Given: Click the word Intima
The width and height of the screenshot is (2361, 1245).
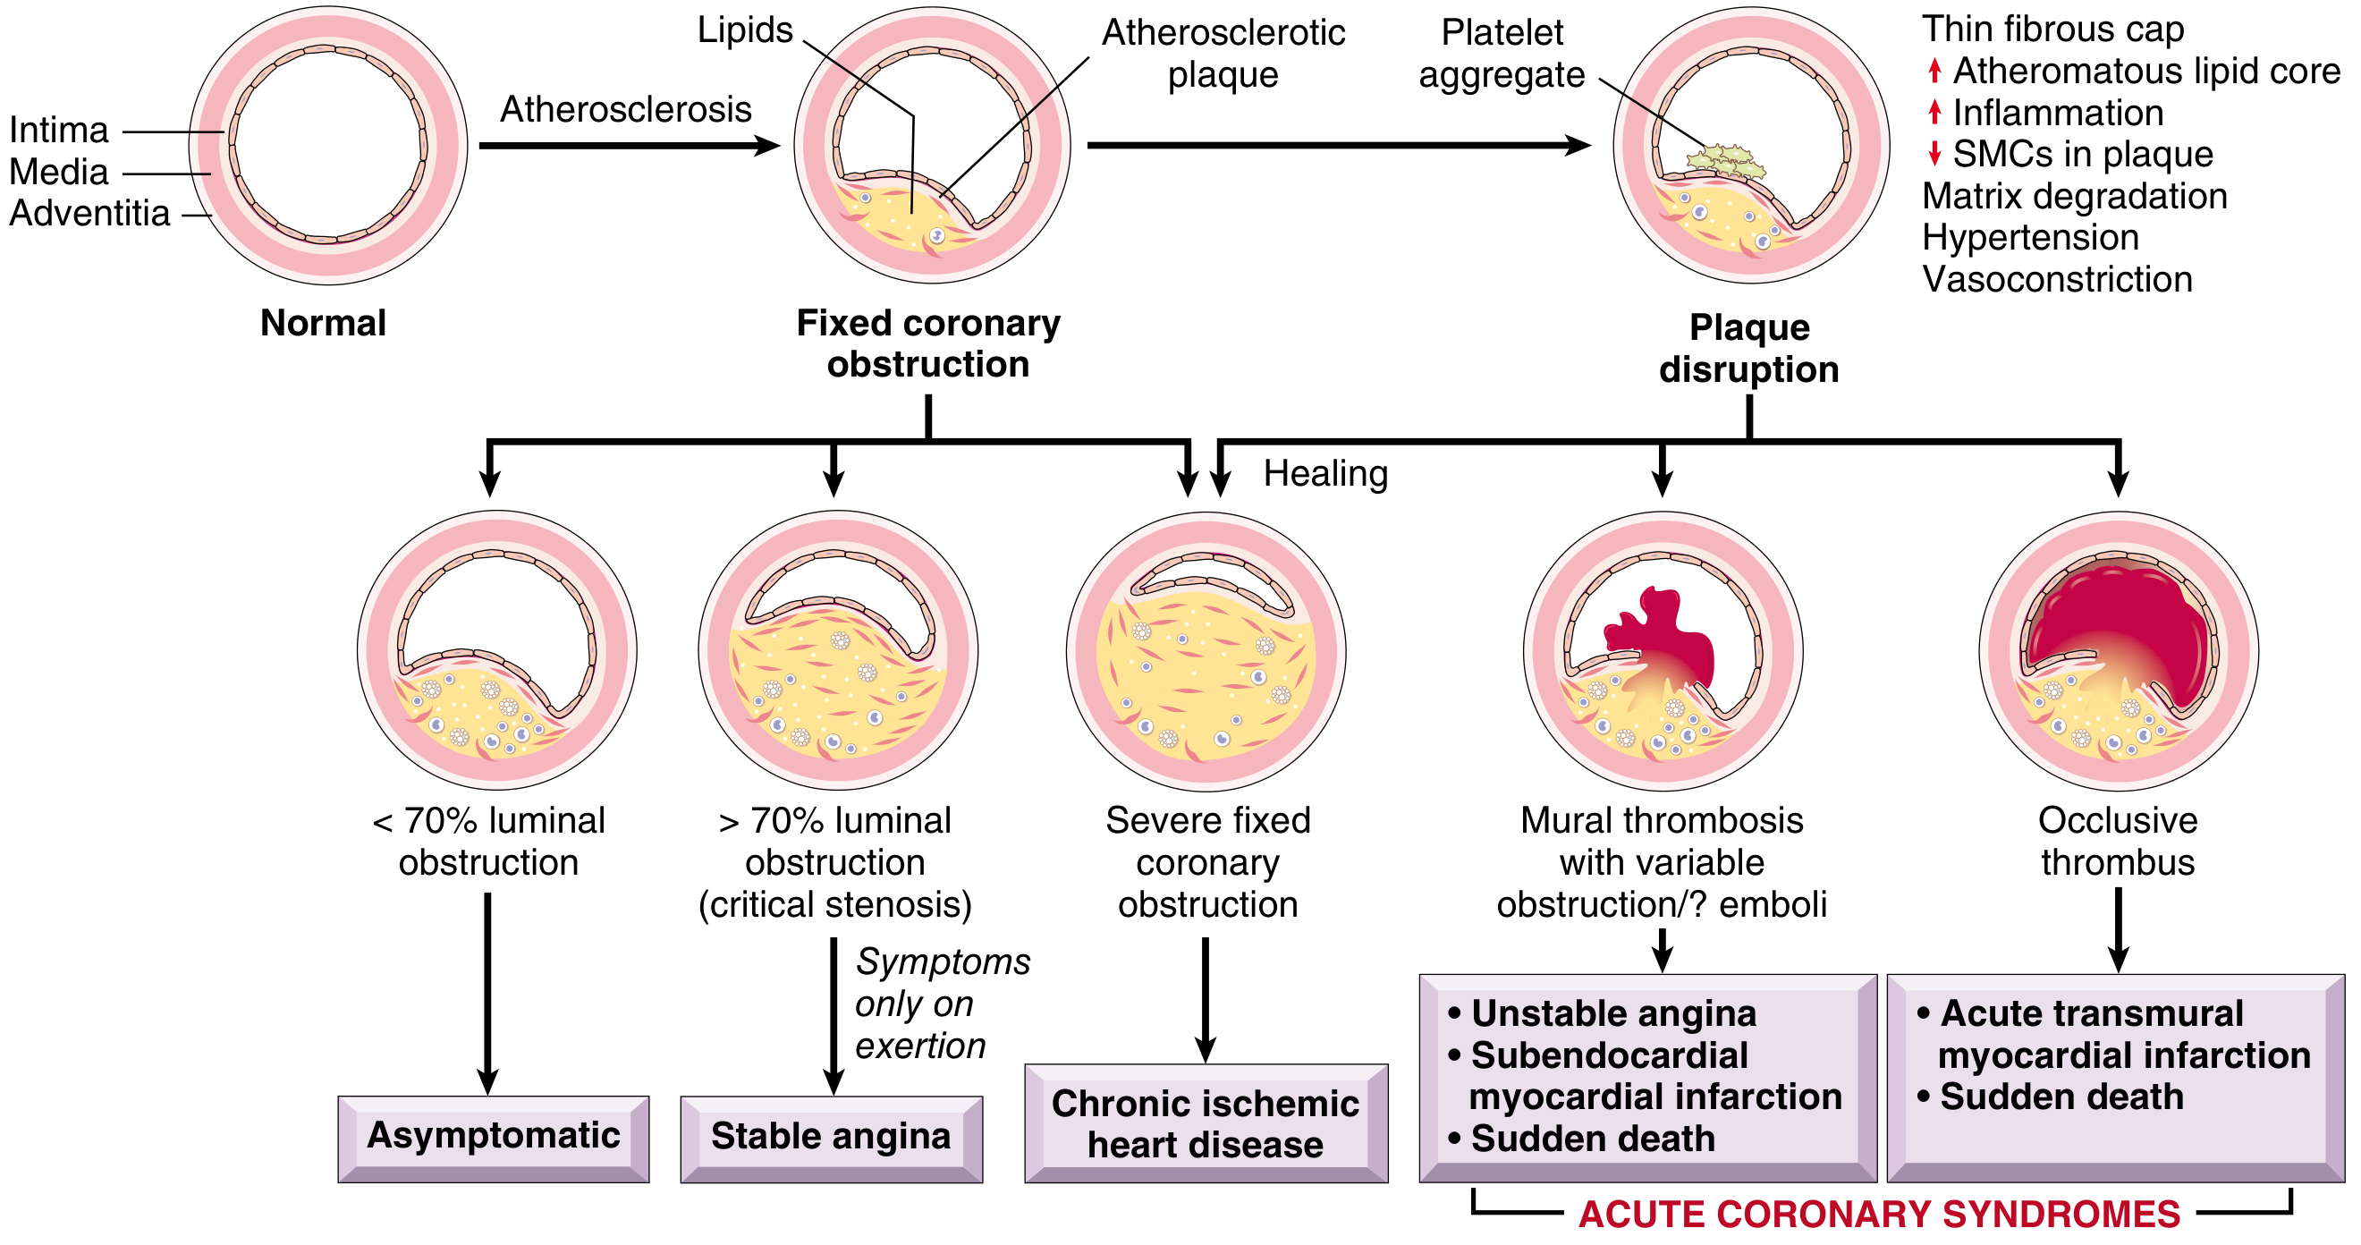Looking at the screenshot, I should tap(59, 131).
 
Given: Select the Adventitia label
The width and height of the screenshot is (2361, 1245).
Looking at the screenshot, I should tap(89, 214).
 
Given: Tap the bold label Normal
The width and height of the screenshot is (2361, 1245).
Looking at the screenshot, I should tap(323, 323).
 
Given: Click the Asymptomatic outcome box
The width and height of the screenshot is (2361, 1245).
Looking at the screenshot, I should tap(493, 1137).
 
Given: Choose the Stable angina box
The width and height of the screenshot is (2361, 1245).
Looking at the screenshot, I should tap(831, 1137).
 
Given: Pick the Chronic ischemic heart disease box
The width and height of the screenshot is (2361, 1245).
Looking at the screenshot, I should tap(1206, 1124).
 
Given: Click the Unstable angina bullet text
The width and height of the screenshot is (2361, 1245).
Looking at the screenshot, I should tap(1613, 1014).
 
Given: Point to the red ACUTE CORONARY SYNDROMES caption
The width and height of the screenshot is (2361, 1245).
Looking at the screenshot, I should tap(1879, 1215).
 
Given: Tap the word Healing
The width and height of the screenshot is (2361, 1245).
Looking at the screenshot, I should tap(1325, 474).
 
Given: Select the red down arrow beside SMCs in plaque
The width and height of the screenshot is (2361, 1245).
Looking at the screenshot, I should tap(1934, 154).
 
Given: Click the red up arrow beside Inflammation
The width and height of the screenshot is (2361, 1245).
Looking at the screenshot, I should tap(1934, 113).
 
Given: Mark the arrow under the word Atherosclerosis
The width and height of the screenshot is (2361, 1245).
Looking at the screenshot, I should tap(628, 146).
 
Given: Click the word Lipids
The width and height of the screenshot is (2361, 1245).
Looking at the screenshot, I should tap(744, 30).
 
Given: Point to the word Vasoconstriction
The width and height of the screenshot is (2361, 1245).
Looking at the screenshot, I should tap(2057, 280).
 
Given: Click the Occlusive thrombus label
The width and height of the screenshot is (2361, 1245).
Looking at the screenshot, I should tap(2117, 842).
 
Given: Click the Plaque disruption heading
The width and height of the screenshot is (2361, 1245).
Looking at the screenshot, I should tap(1748, 349).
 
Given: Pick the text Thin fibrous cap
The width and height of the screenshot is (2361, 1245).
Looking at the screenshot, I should tap(2053, 30).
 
